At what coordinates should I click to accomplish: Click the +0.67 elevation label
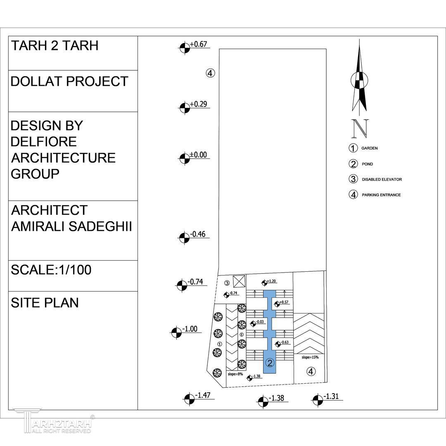click(198, 44)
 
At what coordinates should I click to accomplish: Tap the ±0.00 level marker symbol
click(185, 159)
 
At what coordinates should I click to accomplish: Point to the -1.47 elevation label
click(202, 395)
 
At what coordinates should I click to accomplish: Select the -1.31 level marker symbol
click(318, 400)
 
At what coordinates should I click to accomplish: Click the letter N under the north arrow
click(360, 128)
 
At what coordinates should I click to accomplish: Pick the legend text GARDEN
click(370, 148)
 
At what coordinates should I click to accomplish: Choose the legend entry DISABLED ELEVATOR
click(382, 180)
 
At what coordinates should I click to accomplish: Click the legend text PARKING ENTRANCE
click(381, 195)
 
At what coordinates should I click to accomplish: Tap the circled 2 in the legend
click(353, 164)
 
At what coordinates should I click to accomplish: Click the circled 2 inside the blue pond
click(270, 363)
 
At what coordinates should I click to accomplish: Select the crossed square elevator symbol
click(239, 282)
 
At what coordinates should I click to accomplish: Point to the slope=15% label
click(310, 357)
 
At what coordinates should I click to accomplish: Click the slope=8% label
click(235, 374)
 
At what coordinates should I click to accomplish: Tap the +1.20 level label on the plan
click(271, 281)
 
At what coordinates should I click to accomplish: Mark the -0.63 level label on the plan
click(285, 342)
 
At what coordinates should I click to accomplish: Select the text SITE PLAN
click(45, 303)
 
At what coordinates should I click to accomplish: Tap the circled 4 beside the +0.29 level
click(210, 73)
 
